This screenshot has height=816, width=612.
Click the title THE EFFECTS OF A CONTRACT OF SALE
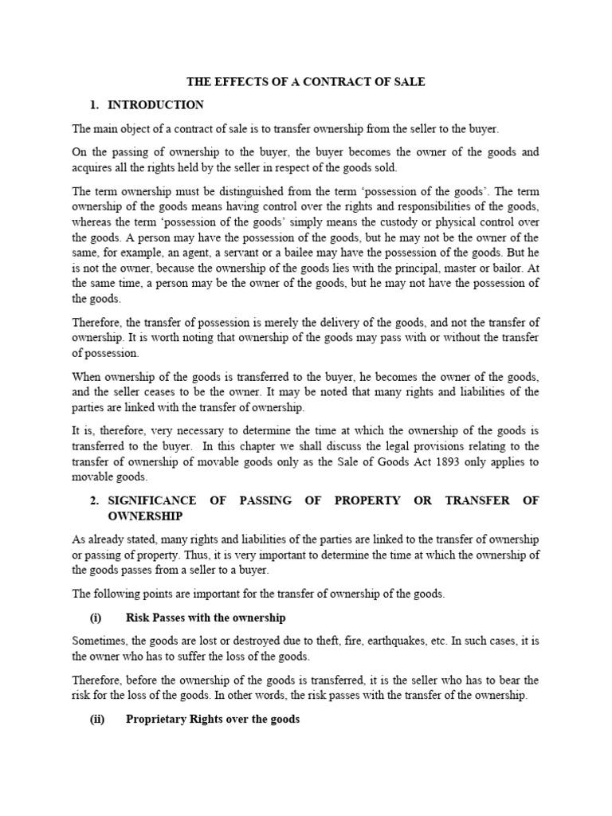point(306,81)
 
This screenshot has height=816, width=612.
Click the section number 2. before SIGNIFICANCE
point(94,500)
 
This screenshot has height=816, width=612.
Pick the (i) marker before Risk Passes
point(95,618)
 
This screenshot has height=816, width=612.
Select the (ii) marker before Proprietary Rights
point(96,720)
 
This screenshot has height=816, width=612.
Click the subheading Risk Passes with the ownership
point(206,618)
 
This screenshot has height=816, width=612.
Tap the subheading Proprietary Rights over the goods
point(213,720)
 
